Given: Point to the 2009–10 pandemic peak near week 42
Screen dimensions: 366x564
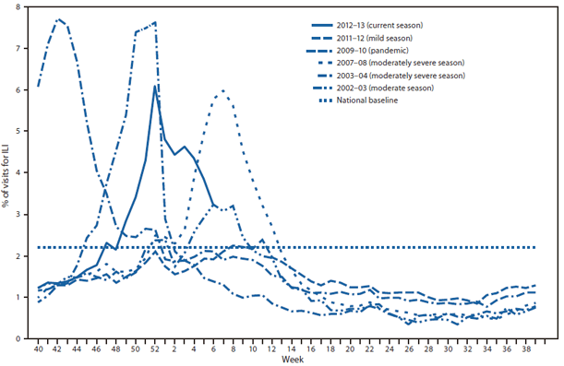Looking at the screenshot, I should (x=58, y=19).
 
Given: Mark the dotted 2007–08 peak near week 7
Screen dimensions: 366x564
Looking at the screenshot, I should (x=222, y=90).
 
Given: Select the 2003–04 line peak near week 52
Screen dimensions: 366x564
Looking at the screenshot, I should (x=153, y=22).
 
